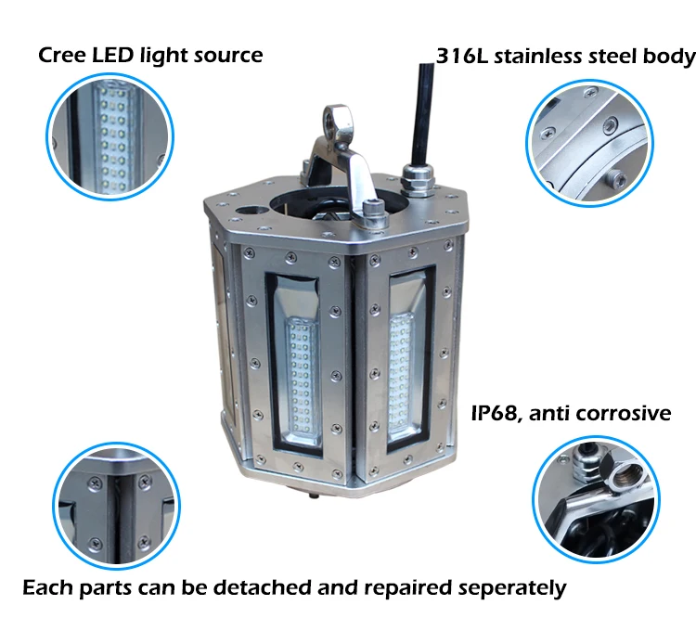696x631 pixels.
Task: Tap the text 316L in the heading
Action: pyautogui.click(x=464, y=56)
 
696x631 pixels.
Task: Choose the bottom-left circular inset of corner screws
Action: pyautogui.click(x=112, y=502)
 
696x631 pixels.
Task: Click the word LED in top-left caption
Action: pyautogui.click(x=115, y=55)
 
